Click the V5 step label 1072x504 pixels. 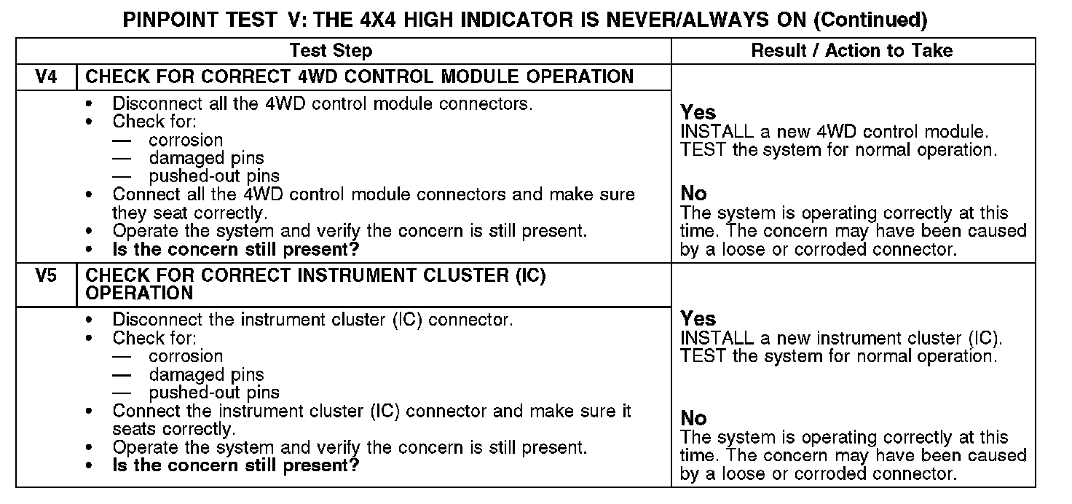[x=46, y=277]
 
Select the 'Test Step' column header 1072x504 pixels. [x=331, y=51]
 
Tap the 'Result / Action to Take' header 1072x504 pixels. [x=851, y=51]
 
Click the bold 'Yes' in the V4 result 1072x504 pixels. [x=698, y=113]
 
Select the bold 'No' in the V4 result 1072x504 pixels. [x=693, y=194]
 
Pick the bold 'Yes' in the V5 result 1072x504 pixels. [x=698, y=319]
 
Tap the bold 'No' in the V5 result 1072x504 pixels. [x=693, y=418]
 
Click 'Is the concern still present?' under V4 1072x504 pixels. [x=236, y=249]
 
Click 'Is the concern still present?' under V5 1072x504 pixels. [x=236, y=465]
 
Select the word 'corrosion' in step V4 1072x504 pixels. [x=186, y=141]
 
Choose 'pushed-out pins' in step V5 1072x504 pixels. [x=214, y=393]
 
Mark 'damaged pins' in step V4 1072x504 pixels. [x=206, y=158]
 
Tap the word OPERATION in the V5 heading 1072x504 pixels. [x=139, y=294]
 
